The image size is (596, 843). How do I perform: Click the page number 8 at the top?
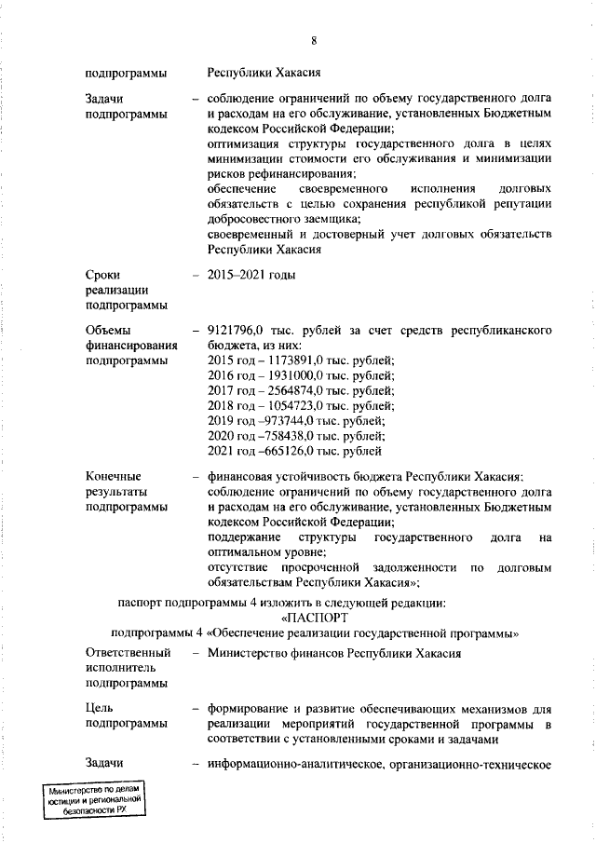pyautogui.click(x=314, y=40)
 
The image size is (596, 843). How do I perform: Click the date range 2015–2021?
pyautogui.click(x=237, y=275)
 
